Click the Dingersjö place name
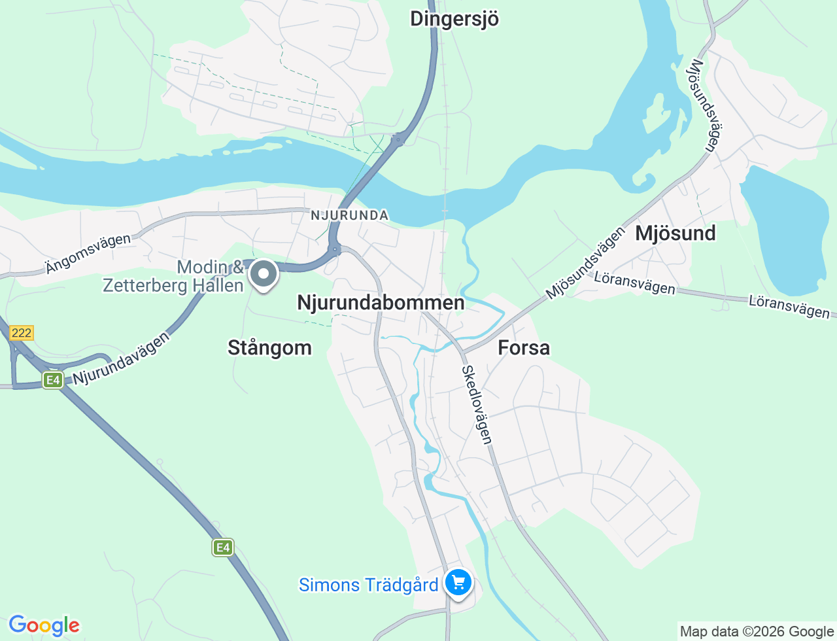pyautogui.click(x=454, y=19)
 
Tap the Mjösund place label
pyautogui.click(x=675, y=233)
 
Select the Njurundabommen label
pyautogui.click(x=381, y=302)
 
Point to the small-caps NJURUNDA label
pyautogui.click(x=349, y=215)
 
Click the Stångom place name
pyautogui.click(x=269, y=347)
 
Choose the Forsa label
pyautogui.click(x=524, y=347)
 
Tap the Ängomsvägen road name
pyautogui.click(x=88, y=253)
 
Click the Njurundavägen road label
pyautogui.click(x=122, y=358)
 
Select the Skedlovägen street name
pyautogui.click(x=477, y=405)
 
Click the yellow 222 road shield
pyautogui.click(x=21, y=333)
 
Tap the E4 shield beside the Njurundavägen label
pyautogui.click(x=53, y=380)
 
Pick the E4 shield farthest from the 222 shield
pyautogui.click(x=223, y=547)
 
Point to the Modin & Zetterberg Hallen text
pyautogui.click(x=173, y=276)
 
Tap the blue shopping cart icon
pyautogui.click(x=458, y=581)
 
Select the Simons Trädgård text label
pyautogui.click(x=368, y=585)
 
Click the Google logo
pyautogui.click(x=44, y=625)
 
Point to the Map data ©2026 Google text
pyautogui.click(x=757, y=631)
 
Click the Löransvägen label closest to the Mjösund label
pyautogui.click(x=634, y=283)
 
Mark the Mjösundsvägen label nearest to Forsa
pyautogui.click(x=585, y=263)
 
